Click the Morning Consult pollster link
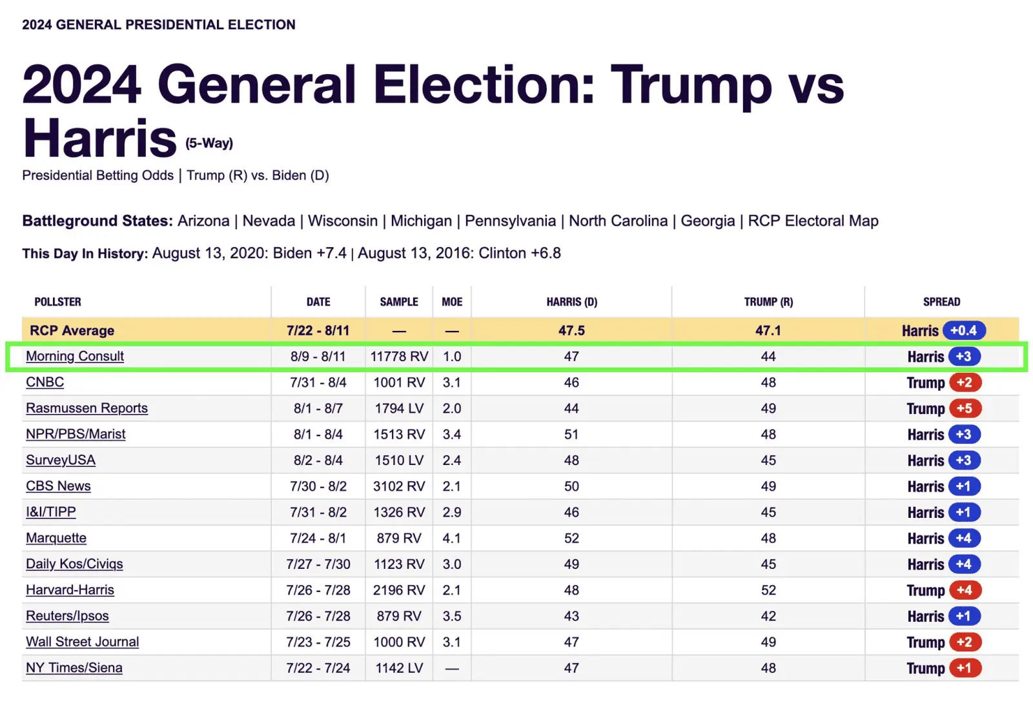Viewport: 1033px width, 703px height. [x=75, y=356]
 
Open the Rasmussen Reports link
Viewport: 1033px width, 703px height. [x=87, y=408]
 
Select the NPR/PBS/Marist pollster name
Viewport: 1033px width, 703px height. [x=76, y=434]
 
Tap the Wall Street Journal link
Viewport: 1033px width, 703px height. [x=82, y=642]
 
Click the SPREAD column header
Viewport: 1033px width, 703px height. [x=941, y=302]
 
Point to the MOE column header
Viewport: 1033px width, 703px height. [x=452, y=302]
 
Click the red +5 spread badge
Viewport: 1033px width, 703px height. [x=965, y=408]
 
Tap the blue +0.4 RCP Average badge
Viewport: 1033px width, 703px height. [x=963, y=330]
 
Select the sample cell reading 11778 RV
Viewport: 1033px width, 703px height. [x=399, y=356]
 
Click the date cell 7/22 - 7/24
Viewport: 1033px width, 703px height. [x=318, y=668]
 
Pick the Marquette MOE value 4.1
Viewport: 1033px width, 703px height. [x=452, y=538]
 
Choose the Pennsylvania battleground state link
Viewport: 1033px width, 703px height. [x=510, y=221]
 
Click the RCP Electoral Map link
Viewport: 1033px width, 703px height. [x=813, y=221]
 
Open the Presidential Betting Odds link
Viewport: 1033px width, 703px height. [x=97, y=175]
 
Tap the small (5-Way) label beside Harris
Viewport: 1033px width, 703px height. [x=209, y=143]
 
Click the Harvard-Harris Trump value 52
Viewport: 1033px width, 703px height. [x=768, y=590]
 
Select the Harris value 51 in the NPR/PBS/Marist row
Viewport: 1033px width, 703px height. [x=571, y=434]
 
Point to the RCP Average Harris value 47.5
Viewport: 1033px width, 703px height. [x=571, y=330]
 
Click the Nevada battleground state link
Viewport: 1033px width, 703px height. [x=269, y=221]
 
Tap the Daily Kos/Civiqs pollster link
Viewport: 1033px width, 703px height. [x=74, y=564]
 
